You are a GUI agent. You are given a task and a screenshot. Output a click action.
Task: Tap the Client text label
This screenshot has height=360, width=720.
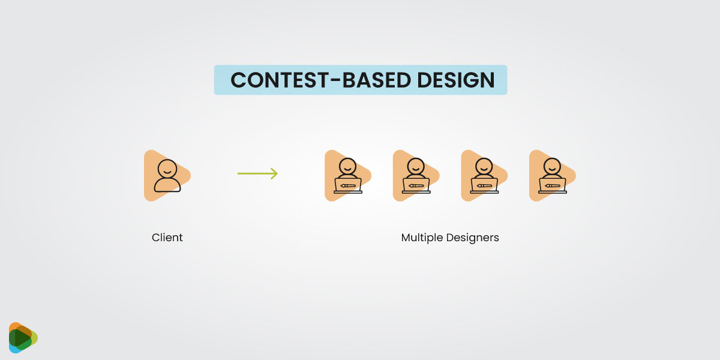(167, 238)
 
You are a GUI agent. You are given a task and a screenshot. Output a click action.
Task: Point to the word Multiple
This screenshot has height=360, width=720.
(422, 238)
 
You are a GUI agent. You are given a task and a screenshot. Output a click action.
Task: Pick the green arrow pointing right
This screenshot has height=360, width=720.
(257, 174)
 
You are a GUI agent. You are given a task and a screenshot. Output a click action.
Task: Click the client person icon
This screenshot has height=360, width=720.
(166, 175)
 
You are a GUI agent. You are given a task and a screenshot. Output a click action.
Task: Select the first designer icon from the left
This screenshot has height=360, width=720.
(347, 175)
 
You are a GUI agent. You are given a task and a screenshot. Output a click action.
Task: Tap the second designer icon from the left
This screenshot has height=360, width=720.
(415, 175)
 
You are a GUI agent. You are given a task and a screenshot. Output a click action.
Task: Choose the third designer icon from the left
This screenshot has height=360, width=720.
(484, 175)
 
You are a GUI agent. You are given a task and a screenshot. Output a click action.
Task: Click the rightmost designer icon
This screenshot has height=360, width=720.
(551, 175)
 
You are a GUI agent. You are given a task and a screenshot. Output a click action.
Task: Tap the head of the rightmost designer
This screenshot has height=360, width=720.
(551, 166)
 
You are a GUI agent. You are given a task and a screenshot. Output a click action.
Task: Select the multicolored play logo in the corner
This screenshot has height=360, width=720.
(23, 338)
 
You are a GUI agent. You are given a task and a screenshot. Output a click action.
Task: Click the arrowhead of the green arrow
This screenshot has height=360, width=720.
(274, 174)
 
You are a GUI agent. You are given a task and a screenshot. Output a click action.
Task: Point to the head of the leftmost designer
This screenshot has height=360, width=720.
(347, 166)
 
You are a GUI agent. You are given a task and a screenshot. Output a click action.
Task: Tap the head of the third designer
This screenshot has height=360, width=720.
(484, 166)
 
